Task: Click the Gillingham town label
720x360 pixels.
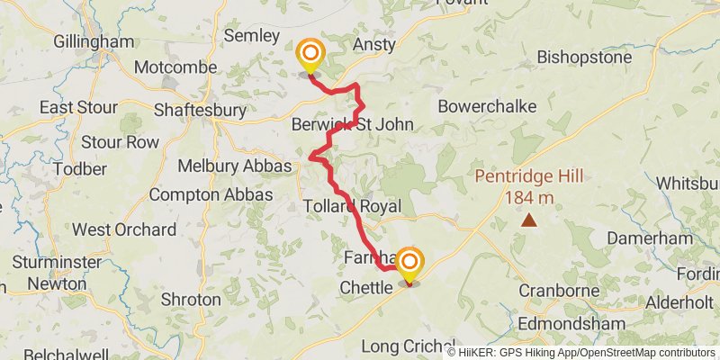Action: [94, 41]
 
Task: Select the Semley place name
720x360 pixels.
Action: [253, 36]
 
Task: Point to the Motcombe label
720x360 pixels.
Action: [175, 67]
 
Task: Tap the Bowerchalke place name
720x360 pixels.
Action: [487, 106]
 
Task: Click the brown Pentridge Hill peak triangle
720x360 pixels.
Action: [529, 220]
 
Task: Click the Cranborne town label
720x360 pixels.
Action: [560, 292]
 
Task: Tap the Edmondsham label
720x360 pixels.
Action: [583, 319]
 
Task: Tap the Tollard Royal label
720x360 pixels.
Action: [351, 206]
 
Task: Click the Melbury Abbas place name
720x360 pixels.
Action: [234, 166]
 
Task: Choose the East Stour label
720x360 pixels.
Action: [79, 108]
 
